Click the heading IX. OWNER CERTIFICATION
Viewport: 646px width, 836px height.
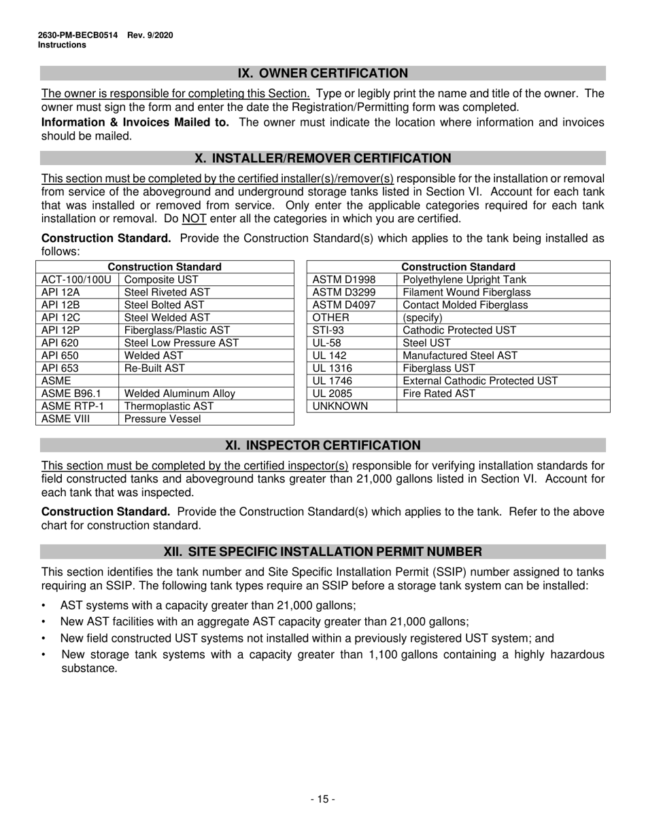pos(322,73)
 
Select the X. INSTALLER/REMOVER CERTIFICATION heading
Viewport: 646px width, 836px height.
pos(322,158)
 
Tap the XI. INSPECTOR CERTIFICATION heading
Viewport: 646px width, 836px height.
pos(322,445)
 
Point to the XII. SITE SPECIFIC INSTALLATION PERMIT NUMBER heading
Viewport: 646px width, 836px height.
pos(322,551)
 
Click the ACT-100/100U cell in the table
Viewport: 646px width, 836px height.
pos(76,279)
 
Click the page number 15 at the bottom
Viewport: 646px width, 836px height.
pos(322,799)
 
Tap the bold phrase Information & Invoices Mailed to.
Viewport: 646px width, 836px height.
pos(135,122)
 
